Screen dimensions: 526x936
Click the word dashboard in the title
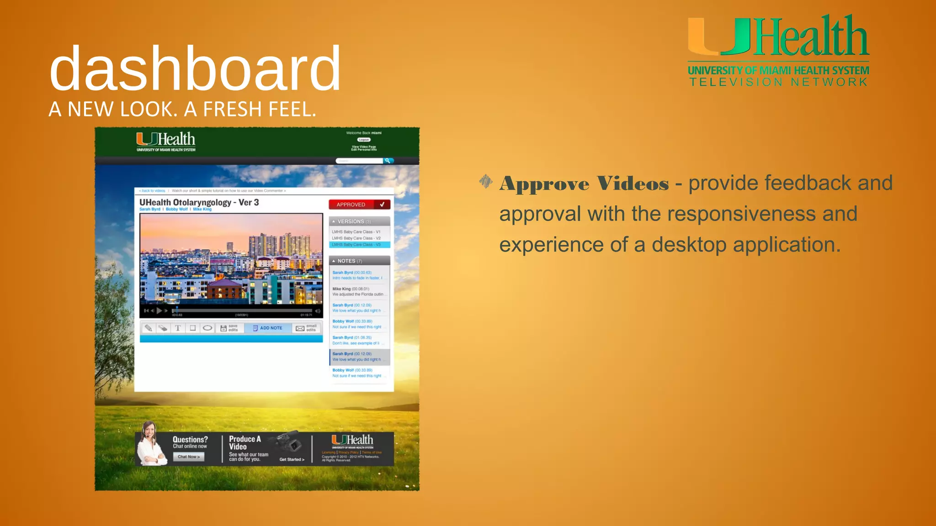click(x=195, y=68)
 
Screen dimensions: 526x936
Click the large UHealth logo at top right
click(x=778, y=37)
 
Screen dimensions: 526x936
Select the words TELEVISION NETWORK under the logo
click(x=778, y=82)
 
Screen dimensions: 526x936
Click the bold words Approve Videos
click(x=584, y=184)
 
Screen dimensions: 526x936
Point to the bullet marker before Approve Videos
click(x=485, y=182)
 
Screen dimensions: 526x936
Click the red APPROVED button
click(x=359, y=205)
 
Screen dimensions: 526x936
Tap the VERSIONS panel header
click(x=359, y=221)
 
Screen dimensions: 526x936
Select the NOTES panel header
click(x=359, y=261)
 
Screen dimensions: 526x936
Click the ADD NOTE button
click(x=268, y=328)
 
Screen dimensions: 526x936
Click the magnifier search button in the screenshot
click(x=388, y=161)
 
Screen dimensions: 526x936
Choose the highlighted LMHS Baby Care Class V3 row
click(x=359, y=245)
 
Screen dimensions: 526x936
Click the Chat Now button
click(x=189, y=457)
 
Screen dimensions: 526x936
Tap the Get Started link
click(x=292, y=459)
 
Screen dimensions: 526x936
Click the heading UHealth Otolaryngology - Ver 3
click(x=199, y=202)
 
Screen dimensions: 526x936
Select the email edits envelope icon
click(x=300, y=328)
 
